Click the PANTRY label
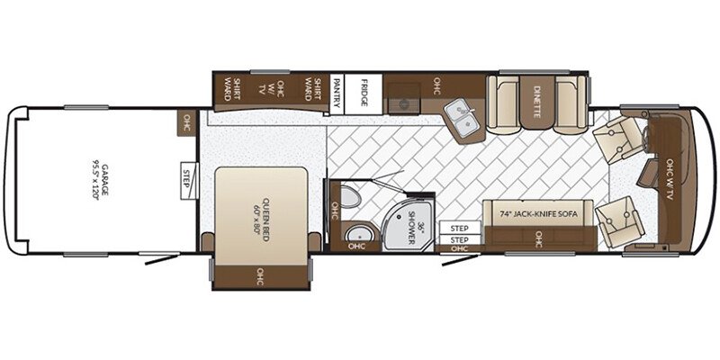point(336,94)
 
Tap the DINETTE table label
point(536,94)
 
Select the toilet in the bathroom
point(352,200)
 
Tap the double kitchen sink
point(463,122)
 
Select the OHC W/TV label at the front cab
point(669,181)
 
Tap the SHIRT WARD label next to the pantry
point(312,90)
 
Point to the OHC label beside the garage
point(188,119)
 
